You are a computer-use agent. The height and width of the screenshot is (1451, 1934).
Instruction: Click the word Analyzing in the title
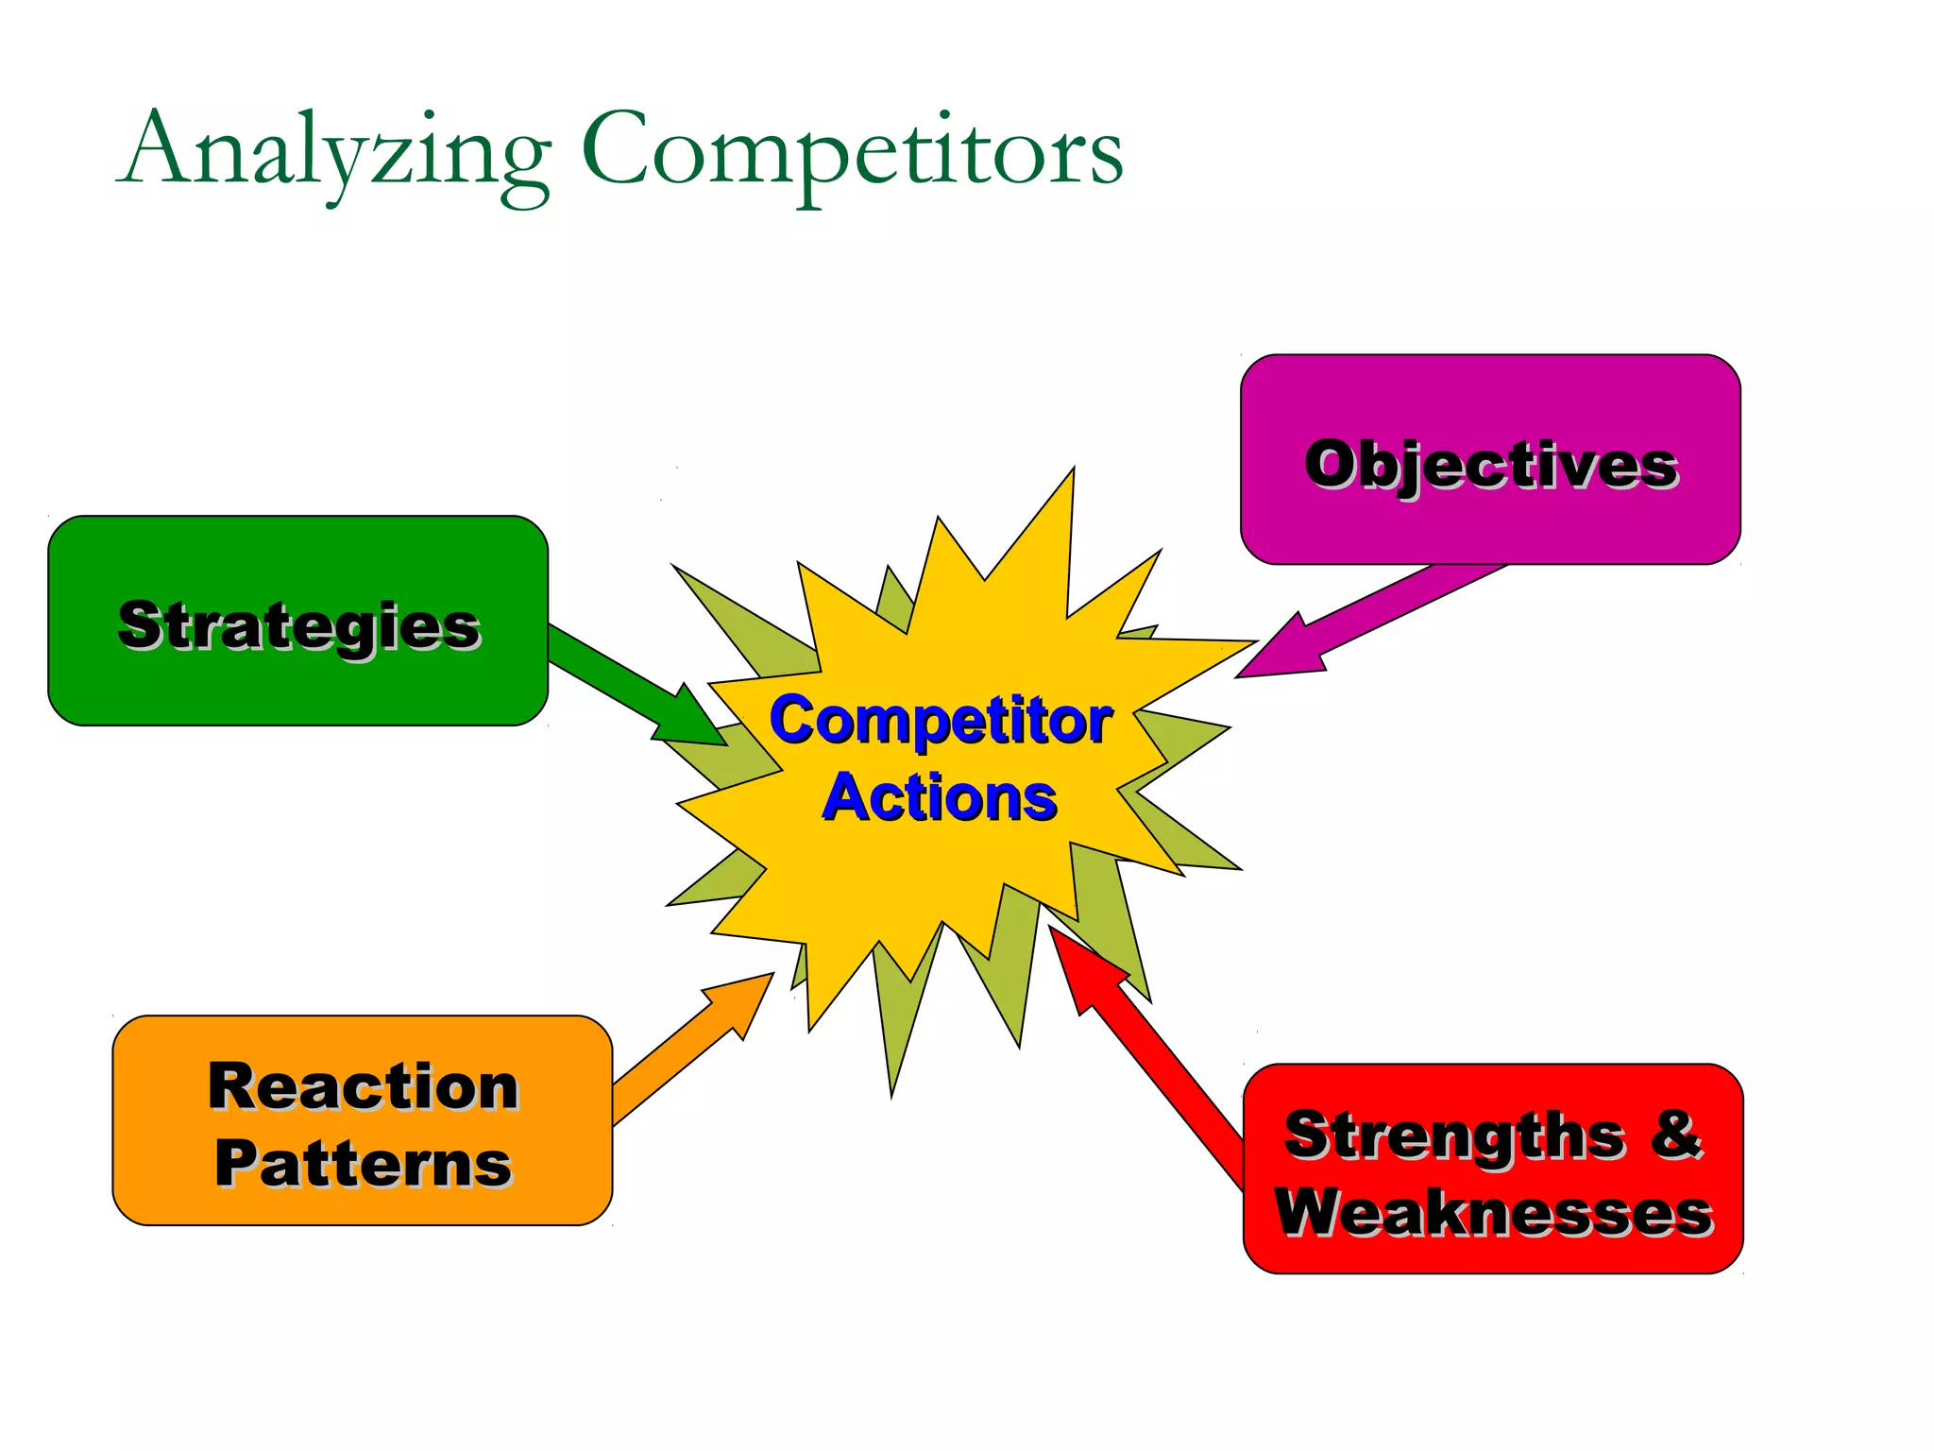tap(335, 151)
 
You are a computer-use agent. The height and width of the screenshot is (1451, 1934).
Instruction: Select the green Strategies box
tap(297, 680)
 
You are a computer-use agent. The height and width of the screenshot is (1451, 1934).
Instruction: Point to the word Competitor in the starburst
tap(941, 721)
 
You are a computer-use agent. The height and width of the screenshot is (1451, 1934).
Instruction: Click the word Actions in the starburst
tap(941, 798)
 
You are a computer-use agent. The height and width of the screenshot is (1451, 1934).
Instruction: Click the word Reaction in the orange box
tap(363, 1086)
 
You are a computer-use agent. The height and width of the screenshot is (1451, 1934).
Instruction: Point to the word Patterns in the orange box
tap(363, 1164)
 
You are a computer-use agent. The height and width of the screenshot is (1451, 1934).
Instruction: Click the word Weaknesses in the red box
tap(1493, 1212)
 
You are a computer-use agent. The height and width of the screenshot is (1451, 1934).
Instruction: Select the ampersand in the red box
tap(1677, 1134)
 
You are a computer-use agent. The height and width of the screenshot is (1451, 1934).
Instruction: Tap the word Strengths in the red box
tap(1454, 1135)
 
